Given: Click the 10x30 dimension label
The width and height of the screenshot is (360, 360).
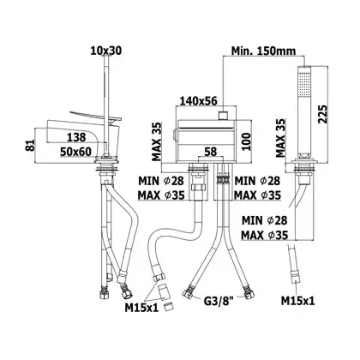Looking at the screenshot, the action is click(x=106, y=51).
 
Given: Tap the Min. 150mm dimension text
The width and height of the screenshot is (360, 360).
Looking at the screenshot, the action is click(x=263, y=51).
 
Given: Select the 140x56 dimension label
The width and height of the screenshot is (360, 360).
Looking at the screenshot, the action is click(x=198, y=100).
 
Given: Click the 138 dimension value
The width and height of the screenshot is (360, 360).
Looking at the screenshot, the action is click(x=76, y=137).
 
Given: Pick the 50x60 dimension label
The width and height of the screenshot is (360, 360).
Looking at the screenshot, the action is click(x=75, y=152).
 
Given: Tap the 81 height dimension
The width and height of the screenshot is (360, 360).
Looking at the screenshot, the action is click(x=30, y=145).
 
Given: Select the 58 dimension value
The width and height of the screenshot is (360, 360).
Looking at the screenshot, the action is click(x=211, y=152).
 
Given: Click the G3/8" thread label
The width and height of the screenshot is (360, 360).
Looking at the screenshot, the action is click(x=219, y=301).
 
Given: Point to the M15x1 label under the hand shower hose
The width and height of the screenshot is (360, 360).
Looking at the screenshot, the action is click(x=298, y=301).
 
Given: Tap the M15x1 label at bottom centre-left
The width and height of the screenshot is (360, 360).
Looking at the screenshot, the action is click(x=141, y=308).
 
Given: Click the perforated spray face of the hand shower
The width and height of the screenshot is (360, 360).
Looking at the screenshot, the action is click(x=304, y=84).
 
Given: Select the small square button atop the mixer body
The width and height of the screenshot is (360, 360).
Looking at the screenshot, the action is click(x=223, y=116).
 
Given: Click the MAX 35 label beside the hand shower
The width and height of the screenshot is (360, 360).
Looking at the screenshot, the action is click(x=280, y=138).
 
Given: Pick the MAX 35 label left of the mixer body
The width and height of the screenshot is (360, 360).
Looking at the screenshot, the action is click(x=156, y=141).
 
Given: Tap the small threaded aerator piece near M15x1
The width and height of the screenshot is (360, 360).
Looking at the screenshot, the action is click(x=170, y=308).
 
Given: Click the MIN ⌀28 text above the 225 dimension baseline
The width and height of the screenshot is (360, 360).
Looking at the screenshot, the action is click(x=264, y=220).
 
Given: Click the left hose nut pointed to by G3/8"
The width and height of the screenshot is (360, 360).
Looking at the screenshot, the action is click(x=187, y=294).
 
